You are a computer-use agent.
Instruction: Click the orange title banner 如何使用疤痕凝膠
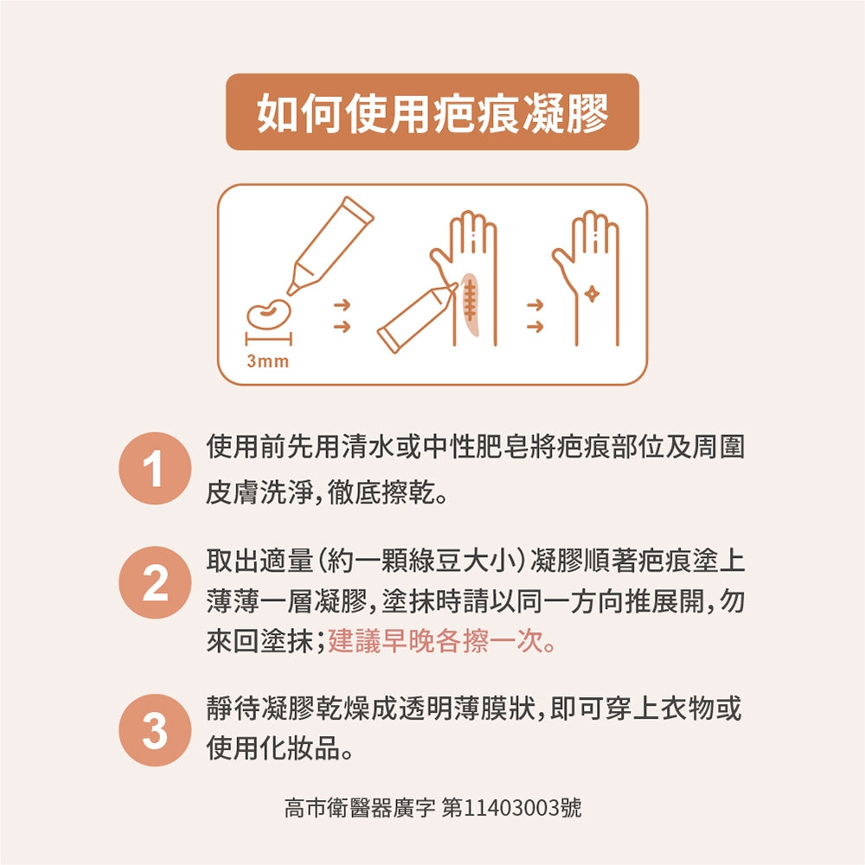pyautogui.click(x=432, y=112)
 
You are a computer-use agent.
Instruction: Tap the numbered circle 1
pyautogui.click(x=155, y=468)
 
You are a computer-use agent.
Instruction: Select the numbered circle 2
pyautogui.click(x=155, y=582)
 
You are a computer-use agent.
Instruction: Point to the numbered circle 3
pyautogui.click(x=155, y=730)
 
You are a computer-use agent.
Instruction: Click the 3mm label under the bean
pyautogui.click(x=268, y=362)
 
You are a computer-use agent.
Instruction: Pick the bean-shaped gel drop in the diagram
pyautogui.click(x=269, y=315)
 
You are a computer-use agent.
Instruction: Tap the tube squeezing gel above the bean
pyautogui.click(x=330, y=246)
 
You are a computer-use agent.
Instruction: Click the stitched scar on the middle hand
pyautogui.click(x=470, y=304)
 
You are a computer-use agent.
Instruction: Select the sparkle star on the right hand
pyautogui.click(x=592, y=295)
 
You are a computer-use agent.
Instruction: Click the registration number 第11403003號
pyautogui.click(x=512, y=808)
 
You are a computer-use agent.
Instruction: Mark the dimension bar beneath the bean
pyautogui.click(x=269, y=339)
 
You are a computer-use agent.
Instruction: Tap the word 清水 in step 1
pyautogui.click(x=368, y=447)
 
